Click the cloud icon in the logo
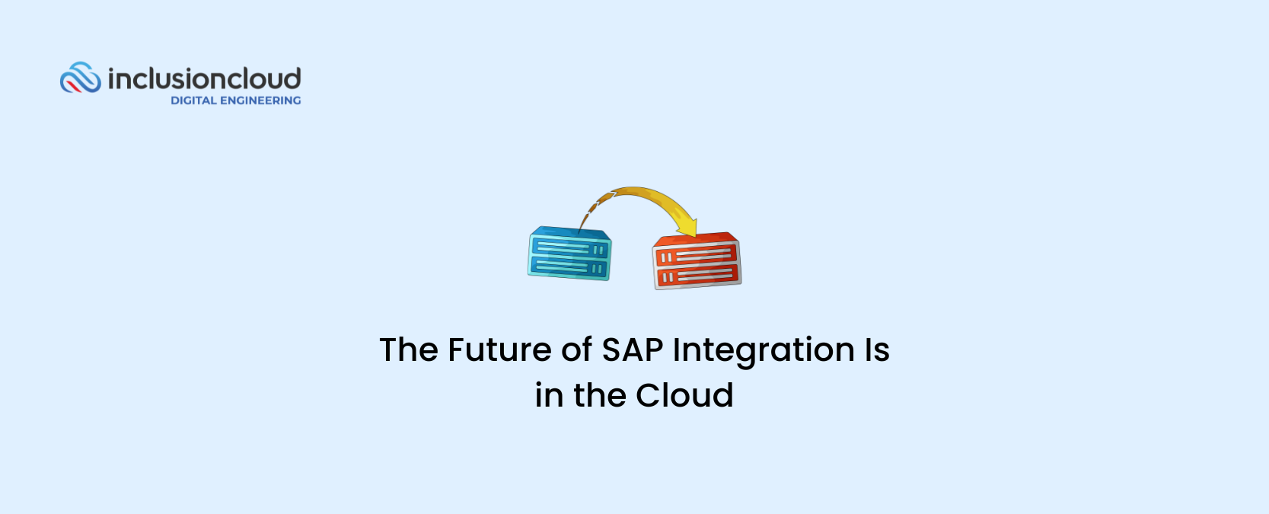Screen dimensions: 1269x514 tap(81, 77)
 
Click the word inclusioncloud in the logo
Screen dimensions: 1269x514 tap(204, 78)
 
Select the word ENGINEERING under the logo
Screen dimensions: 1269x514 tap(260, 101)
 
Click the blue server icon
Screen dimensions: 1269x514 tap(569, 254)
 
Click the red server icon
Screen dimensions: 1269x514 tap(697, 260)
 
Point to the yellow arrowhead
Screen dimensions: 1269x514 tap(687, 228)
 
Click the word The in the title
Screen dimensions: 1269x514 tap(409, 350)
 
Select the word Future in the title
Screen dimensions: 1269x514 tap(499, 350)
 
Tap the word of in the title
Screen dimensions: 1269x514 tap(576, 350)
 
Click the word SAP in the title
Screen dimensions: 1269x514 tap(633, 350)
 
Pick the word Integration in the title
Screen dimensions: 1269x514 tap(764, 351)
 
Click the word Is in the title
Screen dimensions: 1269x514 tap(877, 350)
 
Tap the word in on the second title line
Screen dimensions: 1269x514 tap(549, 395)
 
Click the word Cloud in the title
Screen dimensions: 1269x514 tap(684, 395)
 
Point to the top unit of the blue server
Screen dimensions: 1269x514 tap(570, 248)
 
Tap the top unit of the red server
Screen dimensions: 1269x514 tap(696, 256)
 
